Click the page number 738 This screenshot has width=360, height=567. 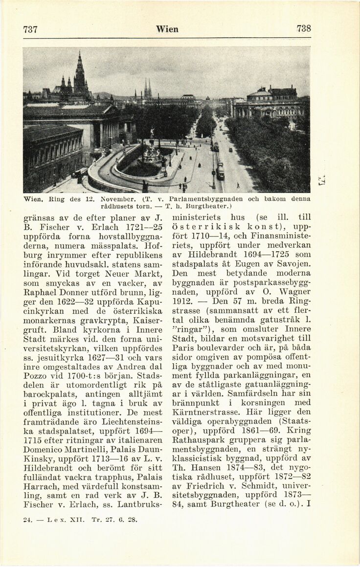304,28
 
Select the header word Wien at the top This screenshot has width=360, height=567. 167,29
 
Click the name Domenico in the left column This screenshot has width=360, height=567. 45,444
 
